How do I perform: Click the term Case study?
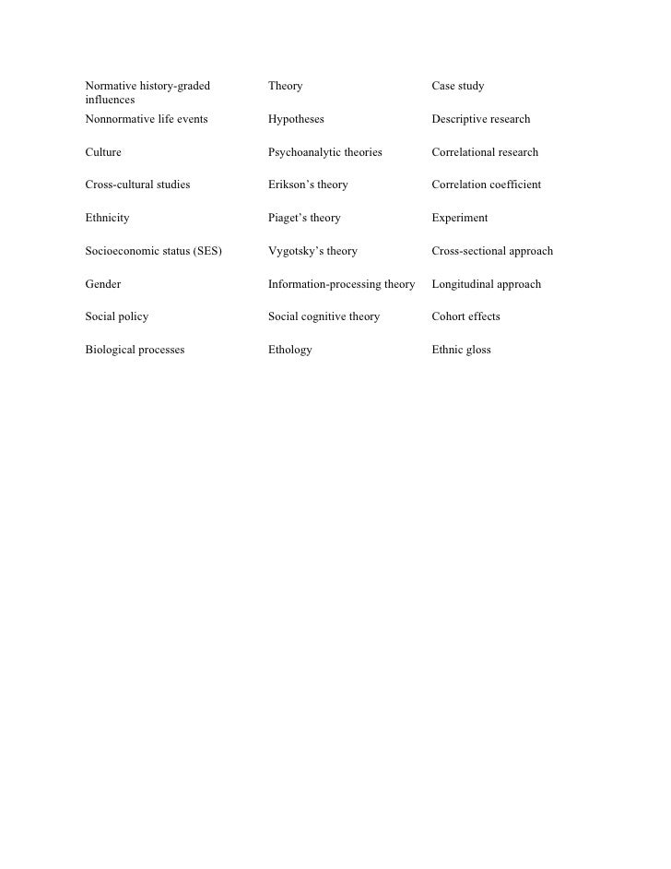457,87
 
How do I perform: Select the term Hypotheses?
296,120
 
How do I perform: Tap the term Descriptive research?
480,120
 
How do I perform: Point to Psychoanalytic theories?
324,152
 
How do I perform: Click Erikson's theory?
308,185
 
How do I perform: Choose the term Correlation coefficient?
486,185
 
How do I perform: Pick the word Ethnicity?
107,219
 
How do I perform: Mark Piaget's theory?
304,219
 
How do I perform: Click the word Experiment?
459,219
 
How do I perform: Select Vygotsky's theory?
312,251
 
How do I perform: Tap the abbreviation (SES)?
204,251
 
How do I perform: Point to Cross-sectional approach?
492,251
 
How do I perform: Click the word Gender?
102,284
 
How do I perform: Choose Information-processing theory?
341,284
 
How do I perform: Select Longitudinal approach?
486,284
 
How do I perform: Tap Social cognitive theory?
324,317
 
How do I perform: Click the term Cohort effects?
465,317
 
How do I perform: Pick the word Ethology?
289,351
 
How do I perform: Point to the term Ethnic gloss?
461,351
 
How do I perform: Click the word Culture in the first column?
102,152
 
